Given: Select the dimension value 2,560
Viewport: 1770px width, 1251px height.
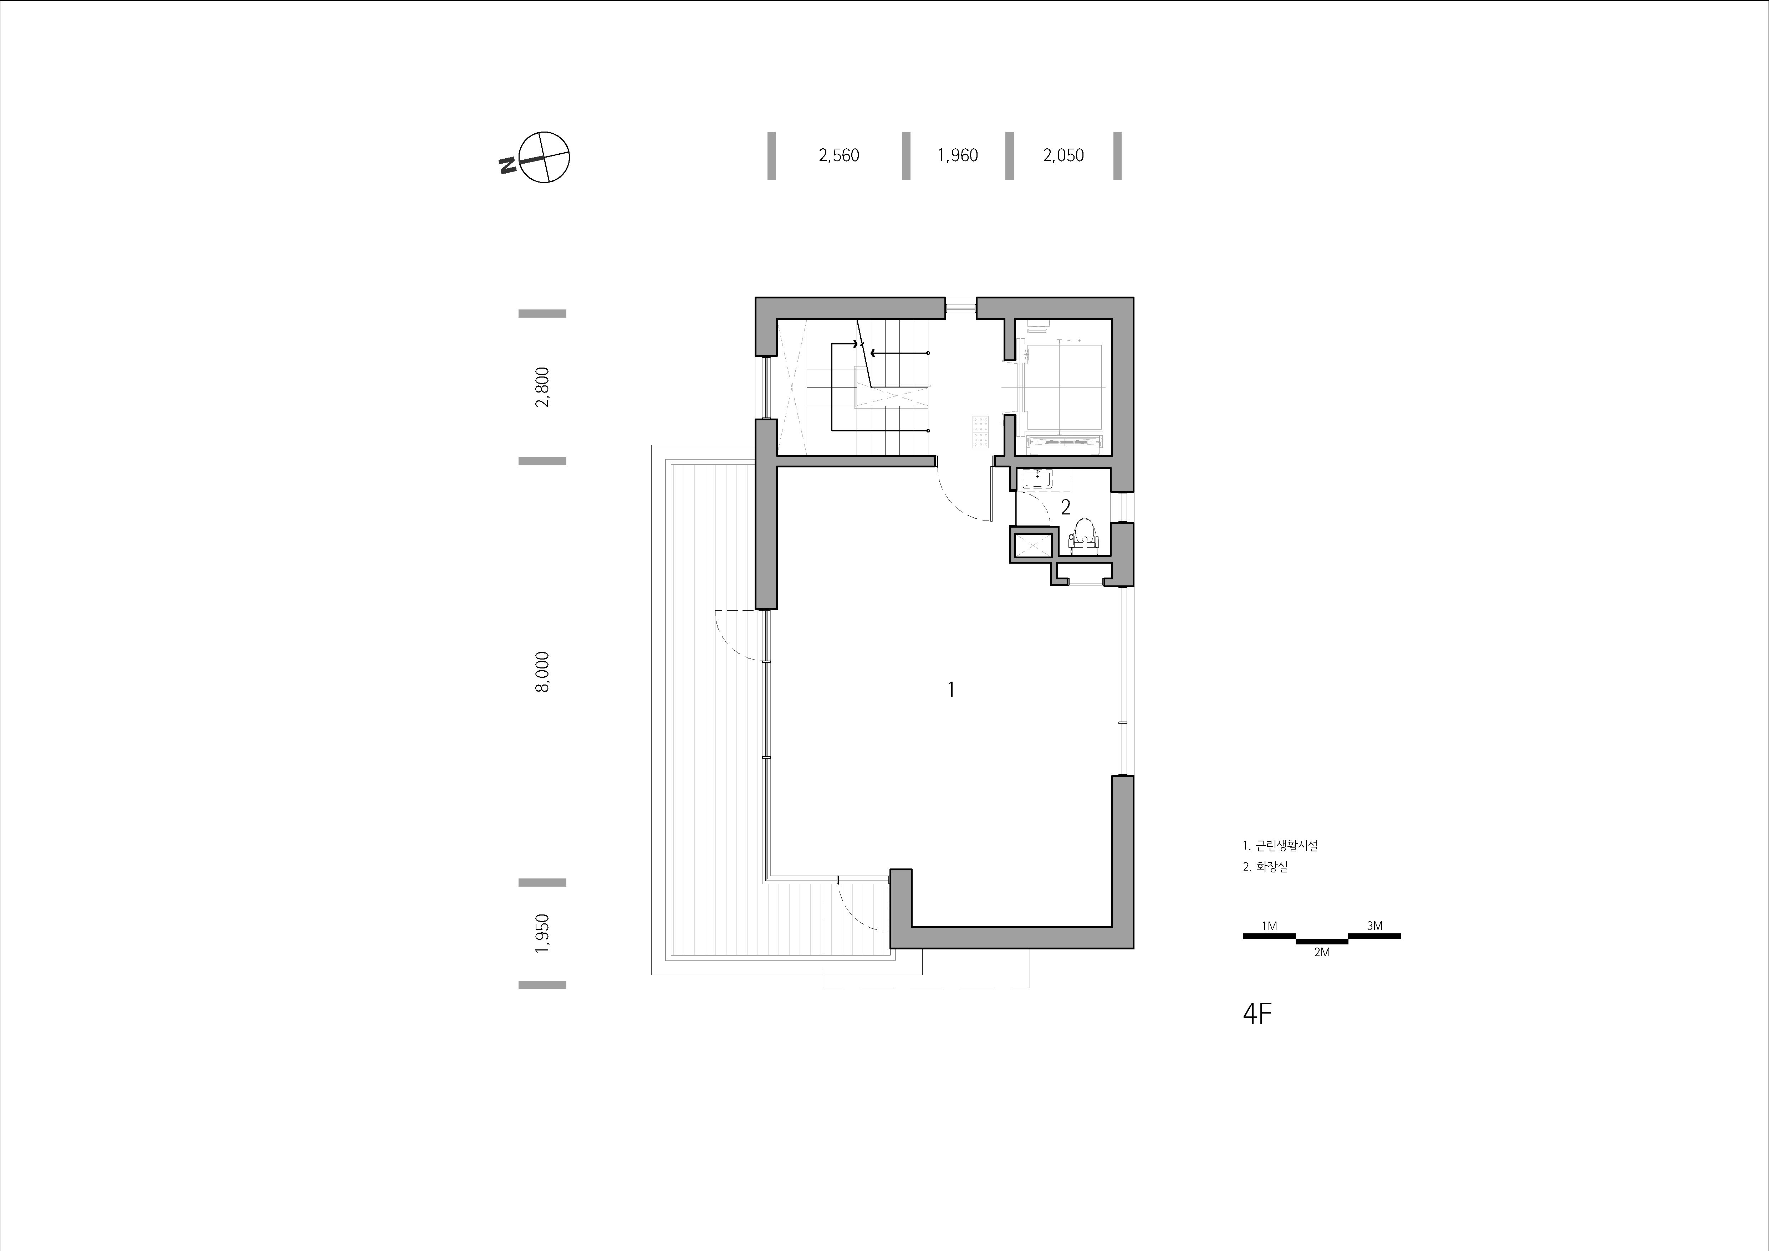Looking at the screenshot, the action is point(839,156).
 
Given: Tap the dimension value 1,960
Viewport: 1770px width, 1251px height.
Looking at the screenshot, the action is point(958,156).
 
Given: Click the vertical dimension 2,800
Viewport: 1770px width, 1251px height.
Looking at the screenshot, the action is point(543,387).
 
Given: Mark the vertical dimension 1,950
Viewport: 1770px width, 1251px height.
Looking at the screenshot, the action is point(543,933).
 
